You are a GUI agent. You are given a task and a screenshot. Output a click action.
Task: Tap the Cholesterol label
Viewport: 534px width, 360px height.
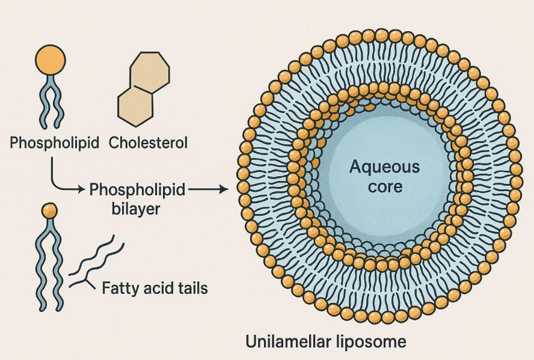coord(149,143)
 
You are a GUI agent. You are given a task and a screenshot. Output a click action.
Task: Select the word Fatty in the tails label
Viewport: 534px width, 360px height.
coord(118,288)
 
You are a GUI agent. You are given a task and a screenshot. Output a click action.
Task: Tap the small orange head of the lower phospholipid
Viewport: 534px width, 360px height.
coord(49,210)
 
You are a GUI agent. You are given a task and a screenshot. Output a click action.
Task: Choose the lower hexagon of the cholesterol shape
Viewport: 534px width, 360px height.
coord(135,106)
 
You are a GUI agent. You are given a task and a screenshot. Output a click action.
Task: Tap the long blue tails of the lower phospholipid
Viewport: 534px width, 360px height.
coord(49,264)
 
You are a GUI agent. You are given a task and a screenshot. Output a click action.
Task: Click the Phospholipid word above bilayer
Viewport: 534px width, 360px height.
coord(137,190)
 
